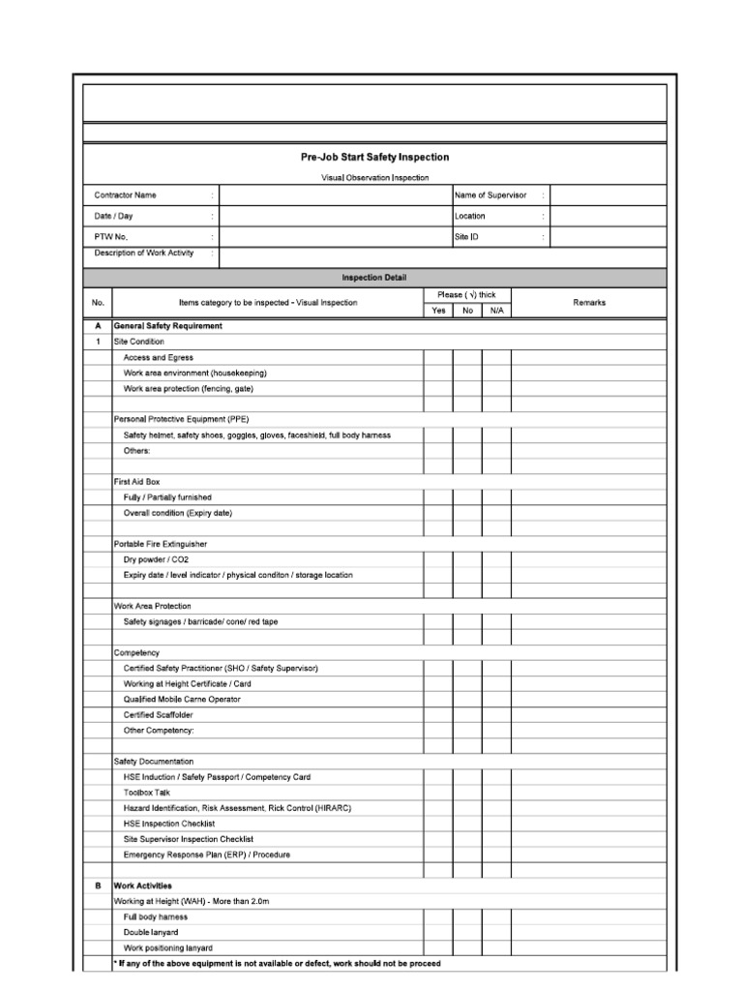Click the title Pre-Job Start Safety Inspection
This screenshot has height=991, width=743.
click(x=374, y=157)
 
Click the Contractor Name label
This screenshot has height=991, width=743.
click(x=125, y=195)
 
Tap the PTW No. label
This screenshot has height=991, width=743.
click(x=111, y=236)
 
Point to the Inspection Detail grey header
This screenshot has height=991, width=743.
click(x=374, y=278)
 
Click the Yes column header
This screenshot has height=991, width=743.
click(x=438, y=311)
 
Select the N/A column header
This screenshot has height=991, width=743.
click(x=496, y=311)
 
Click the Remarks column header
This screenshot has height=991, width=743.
click(x=588, y=303)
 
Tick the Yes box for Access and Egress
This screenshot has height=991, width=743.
click(x=438, y=358)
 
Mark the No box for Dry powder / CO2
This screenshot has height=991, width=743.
click(x=467, y=559)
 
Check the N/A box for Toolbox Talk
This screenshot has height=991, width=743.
click(x=496, y=793)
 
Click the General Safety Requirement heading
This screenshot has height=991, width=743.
click(x=168, y=326)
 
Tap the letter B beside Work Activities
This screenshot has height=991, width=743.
click(x=98, y=886)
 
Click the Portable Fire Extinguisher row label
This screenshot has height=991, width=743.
click(x=161, y=544)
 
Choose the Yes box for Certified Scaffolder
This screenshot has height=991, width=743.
click(x=438, y=715)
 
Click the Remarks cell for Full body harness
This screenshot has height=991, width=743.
click(x=588, y=916)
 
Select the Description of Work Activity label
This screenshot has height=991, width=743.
click(x=144, y=254)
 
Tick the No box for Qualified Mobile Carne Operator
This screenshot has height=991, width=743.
click(x=467, y=700)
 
